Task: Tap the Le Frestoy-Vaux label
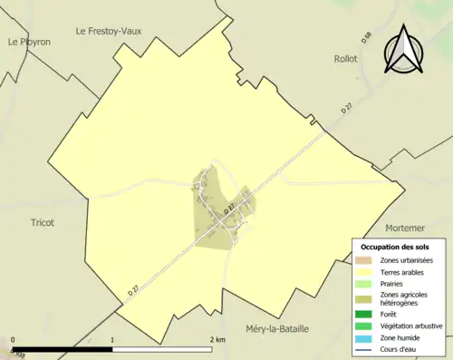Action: (x=113, y=30)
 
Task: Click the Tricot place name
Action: (x=43, y=222)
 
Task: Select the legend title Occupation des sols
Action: (x=394, y=247)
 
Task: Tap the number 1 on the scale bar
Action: (x=112, y=340)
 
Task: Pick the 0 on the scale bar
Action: (x=13, y=340)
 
